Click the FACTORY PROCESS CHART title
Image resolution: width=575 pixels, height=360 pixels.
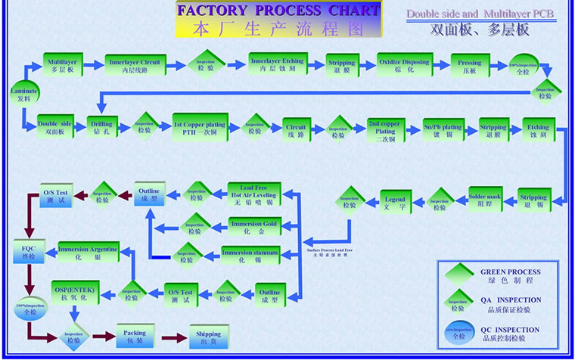[278, 11]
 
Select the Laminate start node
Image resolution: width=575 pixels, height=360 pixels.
[23, 94]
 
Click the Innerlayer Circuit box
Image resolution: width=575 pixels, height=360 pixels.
[134, 65]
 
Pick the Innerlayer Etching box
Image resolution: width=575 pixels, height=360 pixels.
[276, 64]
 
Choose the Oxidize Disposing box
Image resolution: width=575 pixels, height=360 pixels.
[403, 65]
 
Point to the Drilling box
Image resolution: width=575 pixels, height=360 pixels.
[101, 127]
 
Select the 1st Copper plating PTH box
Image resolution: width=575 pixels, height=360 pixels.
[198, 127]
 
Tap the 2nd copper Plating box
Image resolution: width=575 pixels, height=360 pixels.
[384, 126]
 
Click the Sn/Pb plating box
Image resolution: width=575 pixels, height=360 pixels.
[443, 127]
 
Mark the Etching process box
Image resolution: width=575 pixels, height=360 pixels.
[538, 127]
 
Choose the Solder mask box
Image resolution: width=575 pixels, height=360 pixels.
[485, 200]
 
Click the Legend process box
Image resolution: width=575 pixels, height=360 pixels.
[394, 203]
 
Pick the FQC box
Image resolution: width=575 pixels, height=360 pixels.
[28, 251]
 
